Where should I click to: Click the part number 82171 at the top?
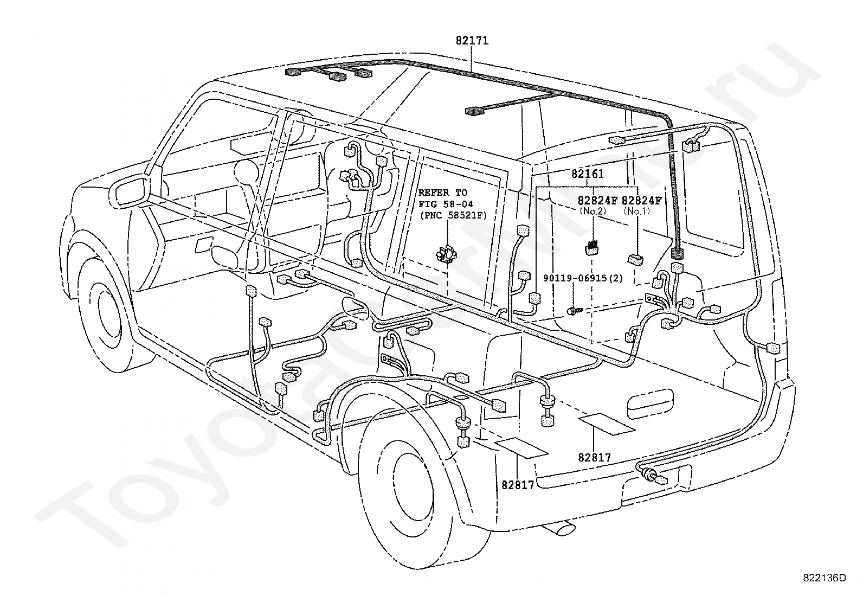(472, 41)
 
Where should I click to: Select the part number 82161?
(588, 174)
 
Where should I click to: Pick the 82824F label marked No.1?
(641, 201)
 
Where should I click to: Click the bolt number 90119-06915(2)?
(583, 278)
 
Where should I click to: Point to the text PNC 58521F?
(453, 215)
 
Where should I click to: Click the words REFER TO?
(443, 193)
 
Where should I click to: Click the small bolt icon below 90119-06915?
(574, 310)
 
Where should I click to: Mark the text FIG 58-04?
(446, 204)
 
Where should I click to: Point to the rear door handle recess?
(651, 404)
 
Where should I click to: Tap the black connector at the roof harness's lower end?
(677, 253)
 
